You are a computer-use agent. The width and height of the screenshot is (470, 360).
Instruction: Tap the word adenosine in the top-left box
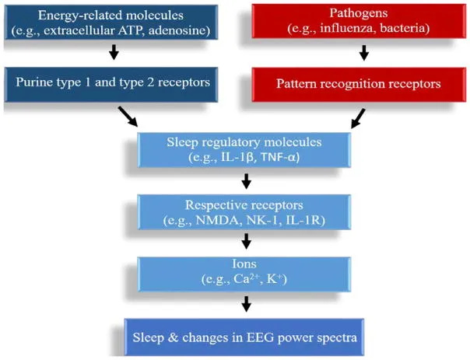point(184,31)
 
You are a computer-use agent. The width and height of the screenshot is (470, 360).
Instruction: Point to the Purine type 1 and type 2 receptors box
point(114,82)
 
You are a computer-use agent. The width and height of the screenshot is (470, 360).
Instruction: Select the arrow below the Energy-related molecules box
point(114,53)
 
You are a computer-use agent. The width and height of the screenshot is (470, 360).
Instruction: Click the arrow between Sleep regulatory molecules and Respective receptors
point(246,181)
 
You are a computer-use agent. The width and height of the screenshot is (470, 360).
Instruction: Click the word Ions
point(246,264)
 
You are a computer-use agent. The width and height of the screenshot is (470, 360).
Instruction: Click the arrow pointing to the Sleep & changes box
point(246,304)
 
